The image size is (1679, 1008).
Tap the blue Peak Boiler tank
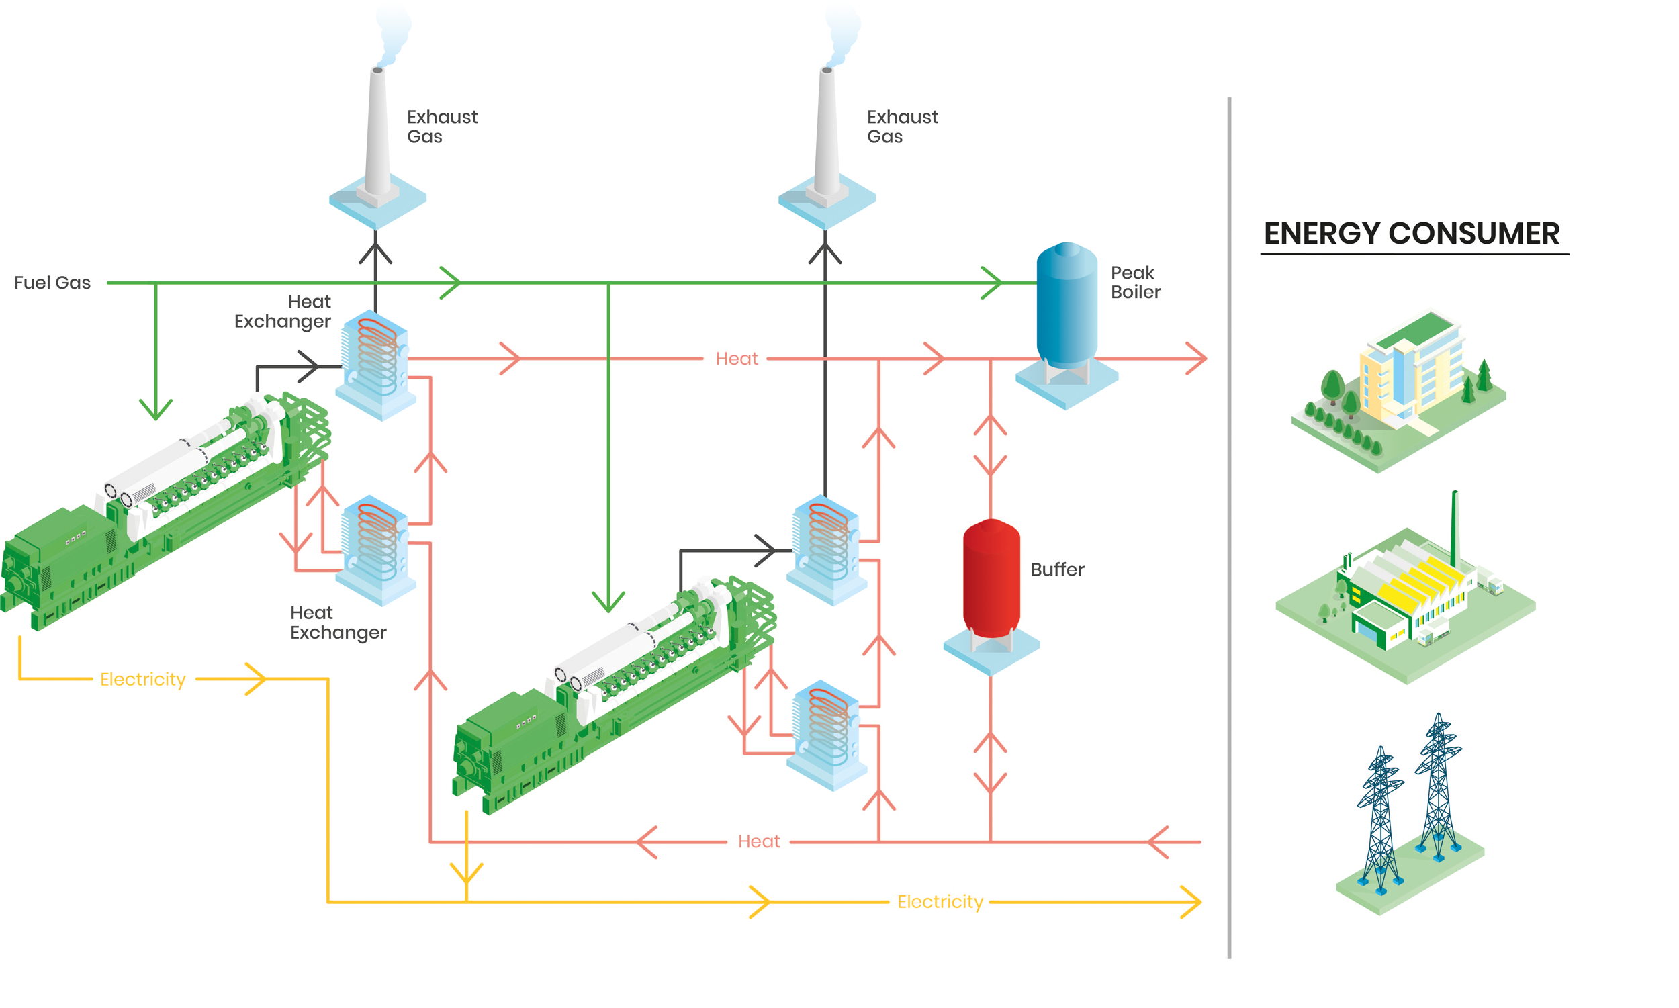point(1067,306)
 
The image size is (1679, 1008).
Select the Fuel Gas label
point(52,283)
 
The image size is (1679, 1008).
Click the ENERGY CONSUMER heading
point(1412,234)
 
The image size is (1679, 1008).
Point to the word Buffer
point(1057,569)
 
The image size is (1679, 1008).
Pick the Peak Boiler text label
point(1135,282)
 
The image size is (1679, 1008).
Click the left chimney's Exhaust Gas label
point(442,126)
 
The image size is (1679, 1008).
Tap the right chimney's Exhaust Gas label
point(902,126)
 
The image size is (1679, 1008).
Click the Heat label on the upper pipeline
point(736,359)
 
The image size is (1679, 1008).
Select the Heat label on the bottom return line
point(759,841)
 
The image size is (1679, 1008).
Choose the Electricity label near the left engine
point(142,679)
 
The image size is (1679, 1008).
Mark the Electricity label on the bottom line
point(940,901)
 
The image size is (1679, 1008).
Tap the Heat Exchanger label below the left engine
point(338,622)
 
